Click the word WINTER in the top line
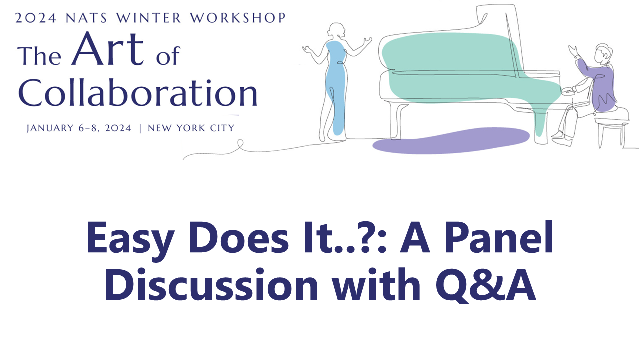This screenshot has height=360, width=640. [x=149, y=18]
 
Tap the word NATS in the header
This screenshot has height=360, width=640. [x=86, y=18]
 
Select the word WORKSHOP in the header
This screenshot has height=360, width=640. [x=238, y=18]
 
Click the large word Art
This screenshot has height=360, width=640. [x=107, y=49]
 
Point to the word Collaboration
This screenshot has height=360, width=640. [x=138, y=92]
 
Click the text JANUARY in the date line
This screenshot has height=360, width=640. [x=50, y=128]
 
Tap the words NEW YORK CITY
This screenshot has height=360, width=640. [x=191, y=128]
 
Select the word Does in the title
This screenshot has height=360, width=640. [x=238, y=238]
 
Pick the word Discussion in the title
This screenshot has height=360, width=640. [x=211, y=284]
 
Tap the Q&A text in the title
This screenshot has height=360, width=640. [x=485, y=285]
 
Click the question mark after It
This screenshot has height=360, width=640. [x=367, y=238]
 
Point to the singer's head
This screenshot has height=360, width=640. [x=337, y=30]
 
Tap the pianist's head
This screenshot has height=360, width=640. [x=603, y=53]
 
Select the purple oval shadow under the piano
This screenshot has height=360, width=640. [x=451, y=141]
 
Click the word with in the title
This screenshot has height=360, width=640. [x=376, y=284]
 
